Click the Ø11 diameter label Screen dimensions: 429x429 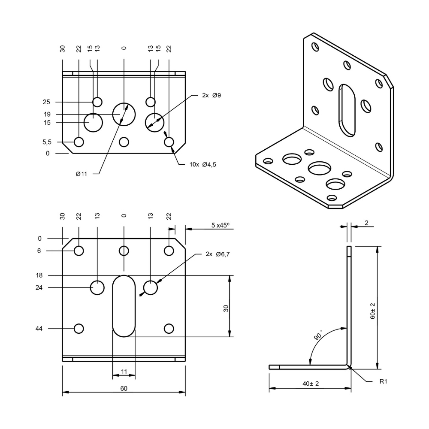point(81,174)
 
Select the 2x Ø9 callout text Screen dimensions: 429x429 point(211,95)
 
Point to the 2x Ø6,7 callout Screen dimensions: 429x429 point(218,254)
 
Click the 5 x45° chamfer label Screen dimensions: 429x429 point(221,225)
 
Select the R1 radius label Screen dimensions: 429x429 point(384,381)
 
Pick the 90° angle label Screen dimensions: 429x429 point(318,335)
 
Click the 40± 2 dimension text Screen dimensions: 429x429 point(311,384)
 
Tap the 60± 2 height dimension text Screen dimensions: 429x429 point(372,311)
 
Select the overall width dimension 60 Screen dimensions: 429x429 point(124,389)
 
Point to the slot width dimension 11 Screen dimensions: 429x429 point(124,372)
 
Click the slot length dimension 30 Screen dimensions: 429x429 point(226,308)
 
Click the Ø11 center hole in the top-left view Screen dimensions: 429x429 point(124,114)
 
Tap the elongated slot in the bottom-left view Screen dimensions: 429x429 point(124,305)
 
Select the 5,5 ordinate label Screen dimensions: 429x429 point(47,142)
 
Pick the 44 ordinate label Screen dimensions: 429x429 point(39,328)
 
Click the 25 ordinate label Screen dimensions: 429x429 point(46,102)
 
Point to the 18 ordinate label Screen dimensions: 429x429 point(39,275)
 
